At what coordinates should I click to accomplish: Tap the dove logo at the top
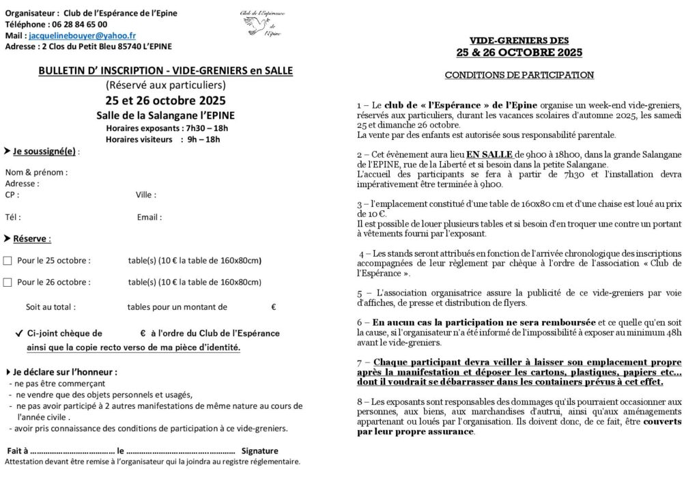point(255,25)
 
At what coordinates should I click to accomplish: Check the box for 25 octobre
point(8,260)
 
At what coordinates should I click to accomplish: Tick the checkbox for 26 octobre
point(8,281)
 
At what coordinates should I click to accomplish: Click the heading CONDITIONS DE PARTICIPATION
point(519,75)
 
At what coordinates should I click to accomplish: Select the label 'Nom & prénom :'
point(36,172)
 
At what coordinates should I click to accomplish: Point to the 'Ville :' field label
point(146,195)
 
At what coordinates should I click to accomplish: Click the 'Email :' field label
point(149,217)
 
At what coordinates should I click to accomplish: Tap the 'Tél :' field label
point(13,217)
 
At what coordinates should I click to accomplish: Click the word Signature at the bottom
point(260,451)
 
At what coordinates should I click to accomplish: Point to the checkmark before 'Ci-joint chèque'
point(18,334)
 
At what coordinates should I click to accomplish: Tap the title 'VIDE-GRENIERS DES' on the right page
point(519,40)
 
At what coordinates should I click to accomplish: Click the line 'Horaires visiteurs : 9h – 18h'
point(162,139)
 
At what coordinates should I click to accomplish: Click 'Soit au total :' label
point(51,307)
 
